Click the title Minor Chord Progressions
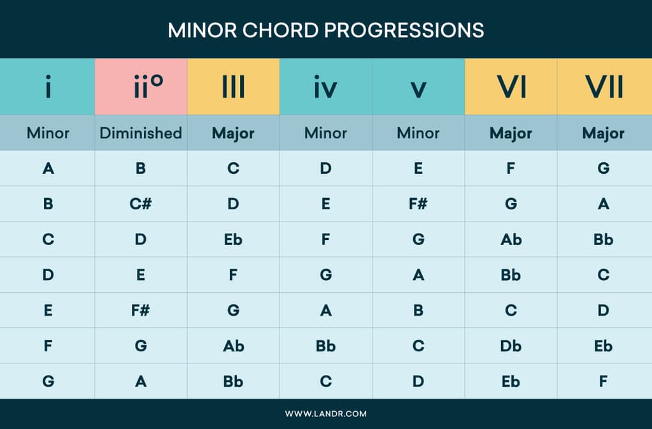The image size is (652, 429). (325, 30)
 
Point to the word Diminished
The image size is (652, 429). (141, 133)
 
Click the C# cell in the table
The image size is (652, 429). (141, 204)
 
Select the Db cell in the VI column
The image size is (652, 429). (511, 346)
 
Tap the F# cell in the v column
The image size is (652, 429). (418, 204)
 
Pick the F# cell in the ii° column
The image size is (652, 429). (141, 311)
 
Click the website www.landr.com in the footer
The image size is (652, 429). (325, 414)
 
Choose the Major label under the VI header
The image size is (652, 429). (511, 134)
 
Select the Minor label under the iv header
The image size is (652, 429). (325, 133)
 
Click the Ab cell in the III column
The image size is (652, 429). (233, 346)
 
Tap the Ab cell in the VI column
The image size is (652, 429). (511, 240)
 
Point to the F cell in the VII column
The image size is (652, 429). (604, 382)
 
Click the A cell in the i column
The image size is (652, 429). (48, 169)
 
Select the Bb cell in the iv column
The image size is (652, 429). (325, 346)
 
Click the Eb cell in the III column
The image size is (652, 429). (233, 240)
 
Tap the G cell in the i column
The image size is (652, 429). (48, 382)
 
